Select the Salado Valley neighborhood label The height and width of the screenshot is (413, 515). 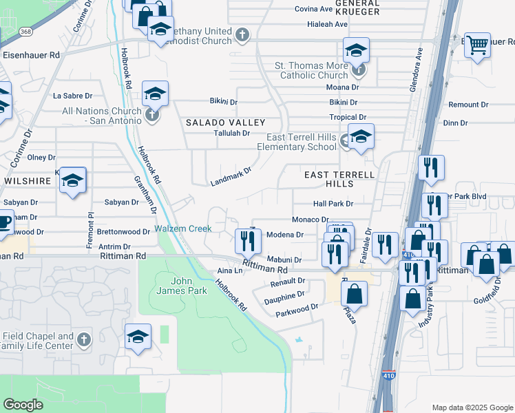click(x=216, y=122)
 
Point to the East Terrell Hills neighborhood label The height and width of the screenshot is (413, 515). click(x=339, y=179)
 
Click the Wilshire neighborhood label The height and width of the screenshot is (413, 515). click(x=28, y=181)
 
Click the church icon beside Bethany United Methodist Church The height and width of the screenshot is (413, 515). click(x=242, y=34)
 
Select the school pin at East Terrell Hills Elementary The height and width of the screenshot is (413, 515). click(x=360, y=138)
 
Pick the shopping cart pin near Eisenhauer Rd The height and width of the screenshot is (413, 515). click(x=477, y=45)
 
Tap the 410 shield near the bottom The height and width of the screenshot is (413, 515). click(x=388, y=377)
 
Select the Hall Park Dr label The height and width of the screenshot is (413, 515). click(x=333, y=204)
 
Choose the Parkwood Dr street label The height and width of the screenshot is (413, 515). click(x=297, y=308)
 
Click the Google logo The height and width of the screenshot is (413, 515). click(x=23, y=404)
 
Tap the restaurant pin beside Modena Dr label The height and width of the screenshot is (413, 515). click(x=246, y=240)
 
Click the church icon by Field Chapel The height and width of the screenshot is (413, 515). click(x=84, y=339)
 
